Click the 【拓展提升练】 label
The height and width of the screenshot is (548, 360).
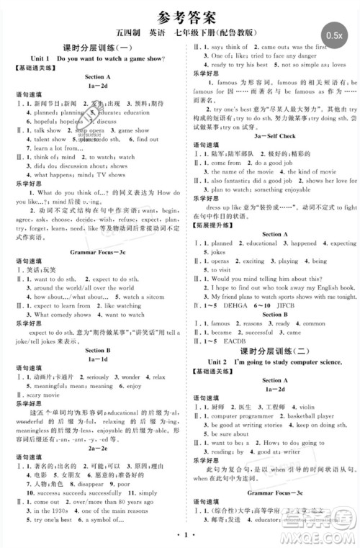[x=215, y=224]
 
